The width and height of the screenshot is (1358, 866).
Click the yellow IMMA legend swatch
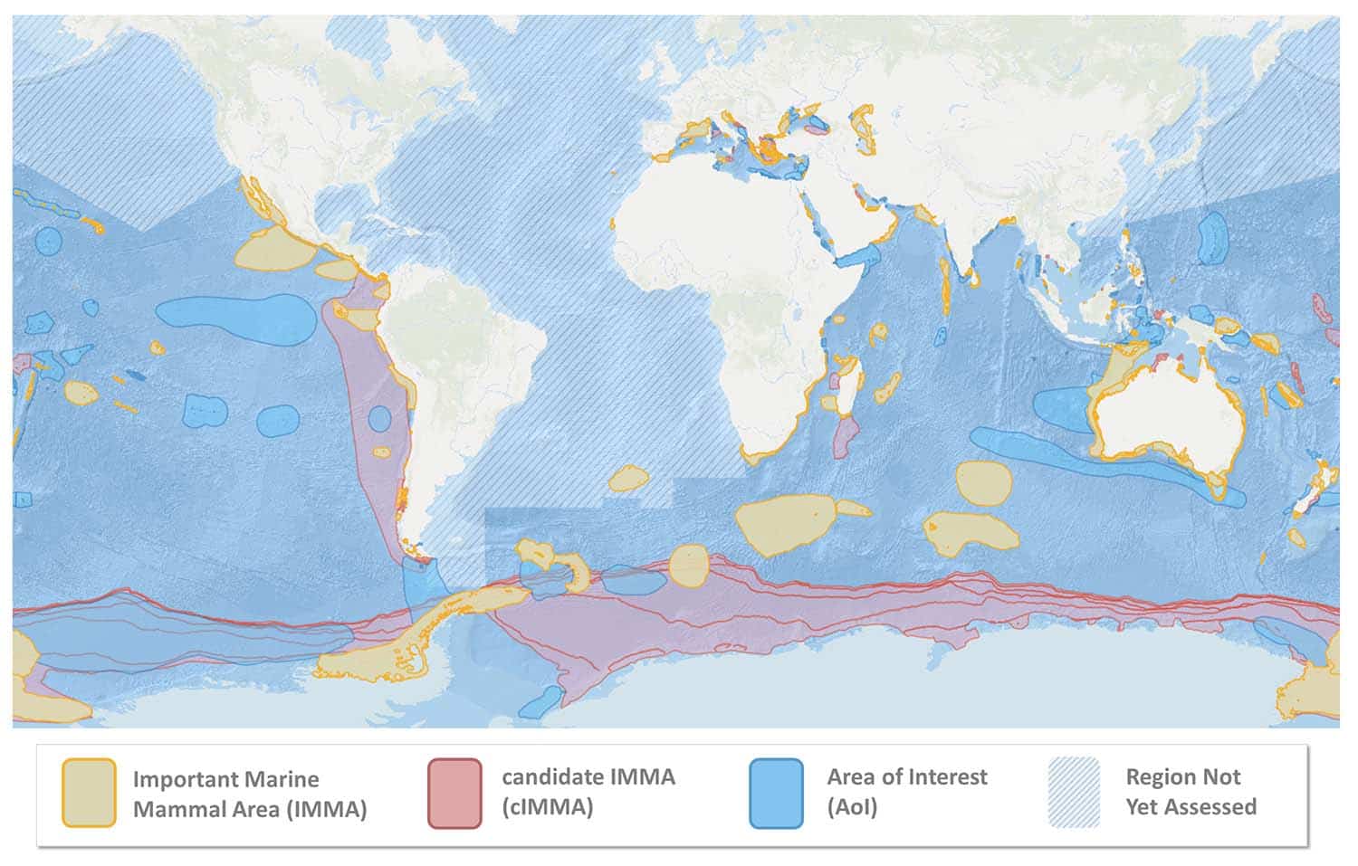click(89, 793)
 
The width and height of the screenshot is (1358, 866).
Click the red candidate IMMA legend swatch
click(454, 793)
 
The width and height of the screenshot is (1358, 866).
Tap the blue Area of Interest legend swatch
click(776, 793)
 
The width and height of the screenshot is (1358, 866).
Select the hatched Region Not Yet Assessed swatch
click(1074, 793)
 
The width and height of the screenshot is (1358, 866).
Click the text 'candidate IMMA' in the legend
click(588, 776)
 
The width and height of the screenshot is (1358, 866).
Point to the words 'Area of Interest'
click(906, 776)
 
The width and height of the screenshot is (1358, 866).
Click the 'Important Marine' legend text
click(225, 778)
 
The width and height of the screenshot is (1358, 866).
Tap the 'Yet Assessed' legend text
click(1191, 806)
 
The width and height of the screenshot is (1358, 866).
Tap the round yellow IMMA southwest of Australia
click(983, 482)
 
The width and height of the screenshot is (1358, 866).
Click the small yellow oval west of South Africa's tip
click(626, 478)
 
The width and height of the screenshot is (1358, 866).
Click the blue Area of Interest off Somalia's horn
click(857, 256)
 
